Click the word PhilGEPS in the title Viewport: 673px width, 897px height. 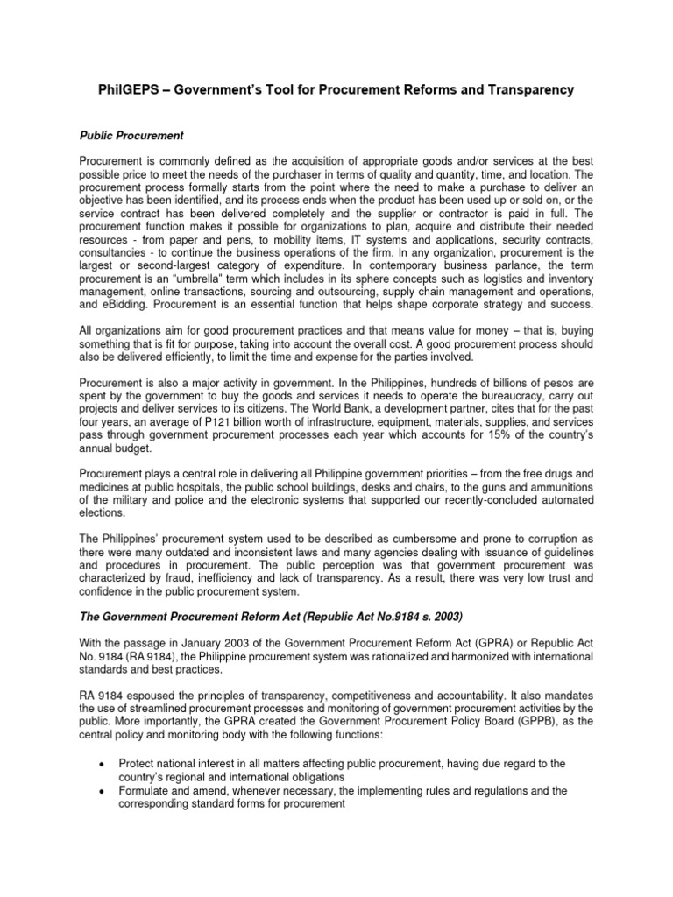tap(130, 89)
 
